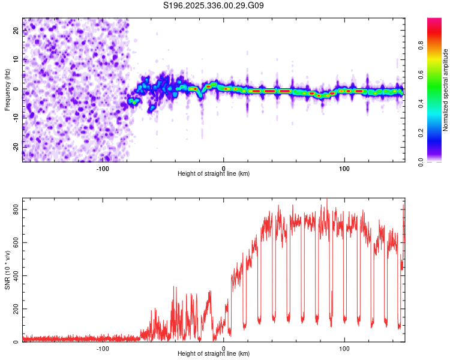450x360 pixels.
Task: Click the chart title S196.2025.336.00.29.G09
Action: (x=214, y=6)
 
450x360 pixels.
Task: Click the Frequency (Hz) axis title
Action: (x=7, y=89)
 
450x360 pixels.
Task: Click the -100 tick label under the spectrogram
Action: (x=103, y=168)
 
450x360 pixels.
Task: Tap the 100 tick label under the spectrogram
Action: (x=344, y=168)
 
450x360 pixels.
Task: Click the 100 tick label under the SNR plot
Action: (x=344, y=348)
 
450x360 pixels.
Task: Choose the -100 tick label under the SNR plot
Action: (x=103, y=348)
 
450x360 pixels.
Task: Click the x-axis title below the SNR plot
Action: (x=214, y=354)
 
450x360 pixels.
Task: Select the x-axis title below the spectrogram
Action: (x=214, y=174)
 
